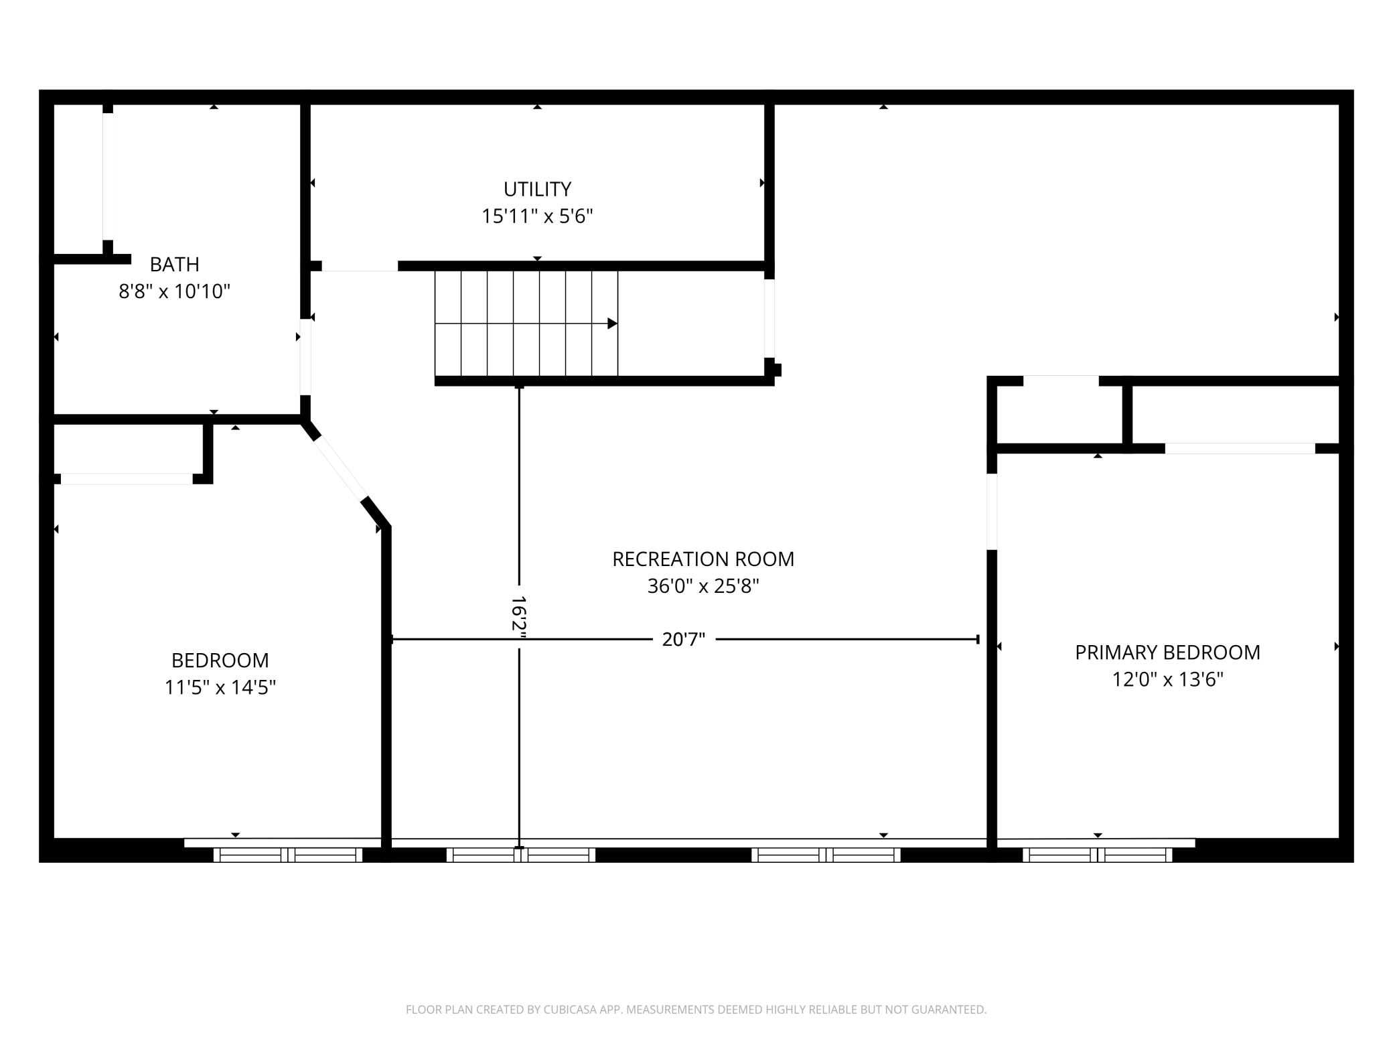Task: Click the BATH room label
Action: pos(174,265)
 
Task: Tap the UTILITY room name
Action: pos(537,190)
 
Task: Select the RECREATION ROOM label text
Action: pos(703,559)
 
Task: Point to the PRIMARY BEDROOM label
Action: pos(1167,652)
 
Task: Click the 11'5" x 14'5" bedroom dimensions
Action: pos(220,687)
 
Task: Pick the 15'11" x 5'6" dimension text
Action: pos(537,216)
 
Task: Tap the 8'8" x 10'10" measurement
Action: pos(174,291)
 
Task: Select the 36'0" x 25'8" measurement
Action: pos(703,586)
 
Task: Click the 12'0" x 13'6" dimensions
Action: pos(1167,679)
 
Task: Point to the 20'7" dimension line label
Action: pos(684,640)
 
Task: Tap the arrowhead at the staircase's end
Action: pos(612,324)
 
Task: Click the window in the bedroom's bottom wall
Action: pos(288,855)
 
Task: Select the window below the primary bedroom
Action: pos(1097,855)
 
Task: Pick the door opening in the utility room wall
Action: pos(360,266)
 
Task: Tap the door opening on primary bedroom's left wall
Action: pos(992,512)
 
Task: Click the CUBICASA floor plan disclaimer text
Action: pos(696,1009)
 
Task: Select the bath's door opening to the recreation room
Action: pos(305,357)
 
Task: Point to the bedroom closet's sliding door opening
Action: pos(127,479)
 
